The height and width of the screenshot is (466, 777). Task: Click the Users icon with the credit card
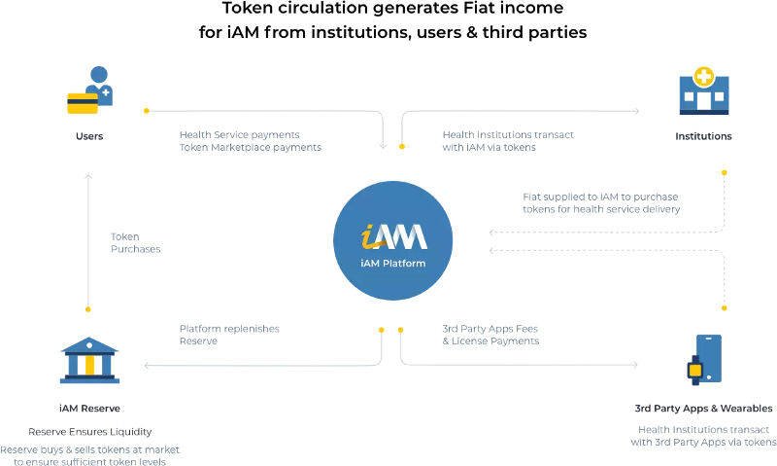point(90,90)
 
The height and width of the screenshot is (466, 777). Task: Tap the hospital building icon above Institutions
point(703,90)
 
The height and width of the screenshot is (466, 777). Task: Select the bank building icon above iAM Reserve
point(89,360)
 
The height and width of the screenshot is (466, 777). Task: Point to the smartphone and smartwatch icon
point(704,360)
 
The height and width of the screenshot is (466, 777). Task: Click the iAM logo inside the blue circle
point(393,236)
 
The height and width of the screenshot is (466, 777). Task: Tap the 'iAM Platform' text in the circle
point(393,264)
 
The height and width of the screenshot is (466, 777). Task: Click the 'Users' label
point(89,136)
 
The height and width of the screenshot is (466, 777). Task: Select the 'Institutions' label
point(703,136)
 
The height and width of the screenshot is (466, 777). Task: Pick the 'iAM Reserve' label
point(89,409)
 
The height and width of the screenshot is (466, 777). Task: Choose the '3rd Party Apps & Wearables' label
point(703,409)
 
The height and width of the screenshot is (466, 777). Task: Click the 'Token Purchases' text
point(135,242)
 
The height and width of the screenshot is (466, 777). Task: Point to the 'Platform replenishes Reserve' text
point(229,335)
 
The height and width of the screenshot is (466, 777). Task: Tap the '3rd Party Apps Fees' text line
point(490,329)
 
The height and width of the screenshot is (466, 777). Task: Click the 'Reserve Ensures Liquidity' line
point(89,432)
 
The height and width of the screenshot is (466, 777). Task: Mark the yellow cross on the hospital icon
point(703,77)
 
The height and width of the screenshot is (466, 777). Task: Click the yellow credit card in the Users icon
point(83,103)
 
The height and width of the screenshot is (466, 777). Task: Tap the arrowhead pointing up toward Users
point(88,177)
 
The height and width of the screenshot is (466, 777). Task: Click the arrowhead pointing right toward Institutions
point(637,111)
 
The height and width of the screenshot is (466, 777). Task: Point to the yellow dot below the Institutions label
point(724,173)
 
